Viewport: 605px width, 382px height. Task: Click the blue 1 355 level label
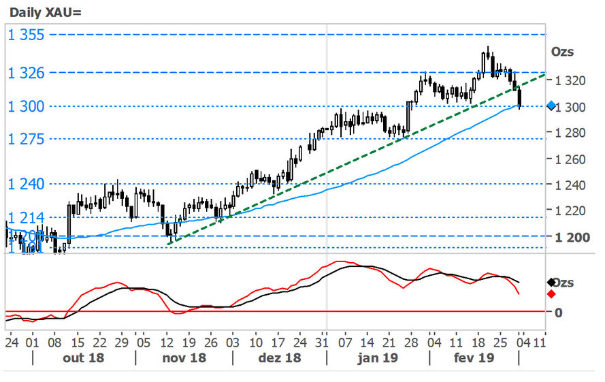tap(26, 35)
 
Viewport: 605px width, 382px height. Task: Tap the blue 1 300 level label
tap(26, 106)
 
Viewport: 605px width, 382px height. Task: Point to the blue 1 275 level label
tap(26, 140)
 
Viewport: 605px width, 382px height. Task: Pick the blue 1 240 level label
tap(26, 184)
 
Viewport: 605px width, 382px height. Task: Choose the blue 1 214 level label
tap(26, 218)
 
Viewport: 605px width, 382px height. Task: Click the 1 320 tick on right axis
tap(570, 80)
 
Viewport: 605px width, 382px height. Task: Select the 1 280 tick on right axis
tap(570, 133)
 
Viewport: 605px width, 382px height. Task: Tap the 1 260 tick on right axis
tap(570, 159)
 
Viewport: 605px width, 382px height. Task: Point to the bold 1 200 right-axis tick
tap(570, 237)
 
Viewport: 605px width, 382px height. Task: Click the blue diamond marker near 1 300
tap(551, 106)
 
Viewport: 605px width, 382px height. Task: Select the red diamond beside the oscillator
tap(551, 293)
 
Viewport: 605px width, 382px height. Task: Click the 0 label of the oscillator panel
tap(558, 313)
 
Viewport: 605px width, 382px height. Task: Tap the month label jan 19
tap(378, 357)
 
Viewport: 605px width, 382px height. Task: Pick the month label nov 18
tap(184, 357)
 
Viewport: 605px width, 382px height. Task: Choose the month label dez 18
tap(279, 357)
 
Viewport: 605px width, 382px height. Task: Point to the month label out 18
tap(84, 357)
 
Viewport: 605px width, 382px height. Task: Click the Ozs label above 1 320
tap(561, 52)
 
